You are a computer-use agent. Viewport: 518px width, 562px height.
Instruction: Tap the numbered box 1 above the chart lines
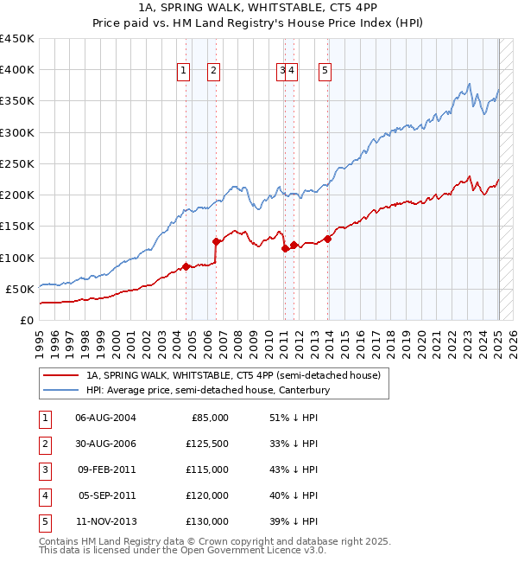pyautogui.click(x=185, y=72)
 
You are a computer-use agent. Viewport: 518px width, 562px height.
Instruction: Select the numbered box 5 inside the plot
pyautogui.click(x=325, y=72)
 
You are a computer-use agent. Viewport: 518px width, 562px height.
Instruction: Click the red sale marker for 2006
pyautogui.click(x=217, y=242)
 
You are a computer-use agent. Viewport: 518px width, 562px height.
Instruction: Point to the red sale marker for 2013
pyautogui.click(x=328, y=239)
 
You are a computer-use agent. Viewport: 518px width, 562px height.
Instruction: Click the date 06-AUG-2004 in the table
pyautogui.click(x=105, y=418)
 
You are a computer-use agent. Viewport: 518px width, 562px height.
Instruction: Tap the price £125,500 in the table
pyautogui.click(x=207, y=444)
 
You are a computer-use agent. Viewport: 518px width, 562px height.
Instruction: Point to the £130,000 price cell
pyautogui.click(x=207, y=521)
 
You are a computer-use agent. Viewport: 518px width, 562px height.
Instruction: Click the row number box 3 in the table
pyautogui.click(x=43, y=469)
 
